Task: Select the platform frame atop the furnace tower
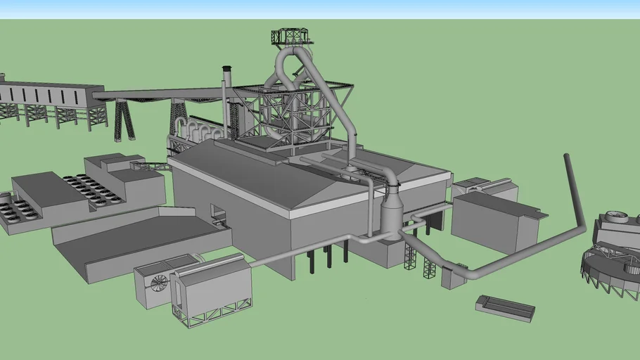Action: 290,36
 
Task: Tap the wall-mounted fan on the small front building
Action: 160,283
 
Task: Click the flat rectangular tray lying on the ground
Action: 505,307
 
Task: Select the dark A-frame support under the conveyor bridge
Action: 124,120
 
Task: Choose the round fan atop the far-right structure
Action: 617,217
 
